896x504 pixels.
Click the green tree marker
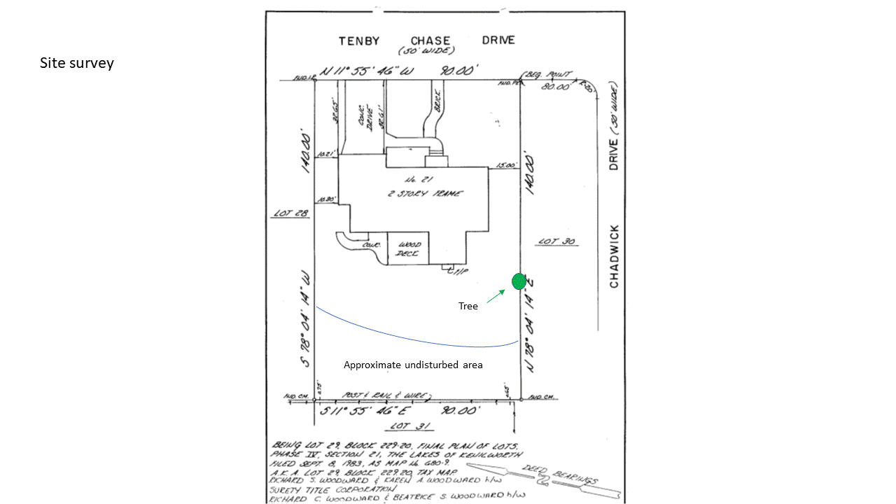point(519,281)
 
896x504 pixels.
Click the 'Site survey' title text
point(77,63)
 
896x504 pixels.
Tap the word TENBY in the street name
point(359,41)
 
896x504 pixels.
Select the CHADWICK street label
point(614,256)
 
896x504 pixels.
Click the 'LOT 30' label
point(556,241)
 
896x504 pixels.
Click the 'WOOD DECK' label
point(408,249)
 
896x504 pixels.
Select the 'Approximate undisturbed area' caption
point(413,365)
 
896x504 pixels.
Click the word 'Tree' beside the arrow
point(468,306)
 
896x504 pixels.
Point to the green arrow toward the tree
point(496,296)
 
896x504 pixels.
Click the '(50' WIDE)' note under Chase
point(426,51)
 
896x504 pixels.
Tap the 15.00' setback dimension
point(505,166)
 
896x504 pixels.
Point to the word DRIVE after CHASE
point(498,40)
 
